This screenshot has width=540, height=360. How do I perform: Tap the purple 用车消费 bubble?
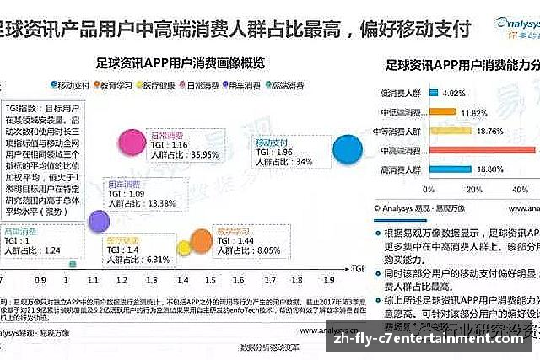[99, 221]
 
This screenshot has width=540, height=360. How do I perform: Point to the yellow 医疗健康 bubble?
[182, 247]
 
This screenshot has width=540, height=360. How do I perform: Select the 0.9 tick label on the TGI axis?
[40, 278]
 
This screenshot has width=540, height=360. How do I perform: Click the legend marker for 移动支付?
[52, 84]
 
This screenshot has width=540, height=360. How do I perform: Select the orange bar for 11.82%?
[441, 111]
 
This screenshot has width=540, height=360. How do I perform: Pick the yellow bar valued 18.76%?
[448, 131]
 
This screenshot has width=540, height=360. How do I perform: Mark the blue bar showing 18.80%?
[448, 169]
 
